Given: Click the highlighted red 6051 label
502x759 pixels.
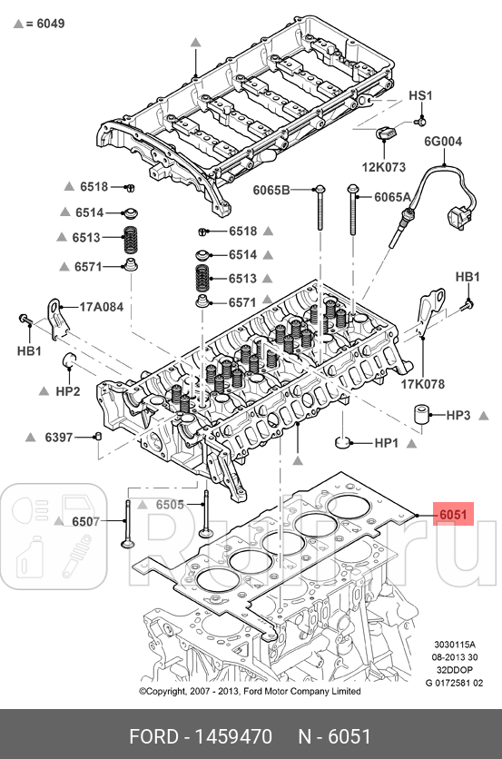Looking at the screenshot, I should pos(452,515).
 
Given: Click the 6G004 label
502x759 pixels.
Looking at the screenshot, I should pos(443,142).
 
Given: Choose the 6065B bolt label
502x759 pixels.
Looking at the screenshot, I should pos(271,190).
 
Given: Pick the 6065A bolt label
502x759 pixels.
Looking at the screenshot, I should pos(392,196).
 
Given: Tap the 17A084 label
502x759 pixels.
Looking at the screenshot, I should pos(101,307).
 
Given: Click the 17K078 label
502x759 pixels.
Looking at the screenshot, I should pos(423,384).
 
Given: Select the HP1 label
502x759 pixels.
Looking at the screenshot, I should pos(388,444).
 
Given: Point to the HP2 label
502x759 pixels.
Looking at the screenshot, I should pos(67,391).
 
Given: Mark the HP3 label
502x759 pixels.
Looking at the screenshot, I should pos(458,416).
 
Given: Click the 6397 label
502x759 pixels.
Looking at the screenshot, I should pos(59,438).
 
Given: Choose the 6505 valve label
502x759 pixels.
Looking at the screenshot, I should pos(170,505).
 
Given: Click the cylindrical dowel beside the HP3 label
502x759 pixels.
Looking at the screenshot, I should pos(421,416).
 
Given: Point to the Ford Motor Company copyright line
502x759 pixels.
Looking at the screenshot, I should pos(250,691).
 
